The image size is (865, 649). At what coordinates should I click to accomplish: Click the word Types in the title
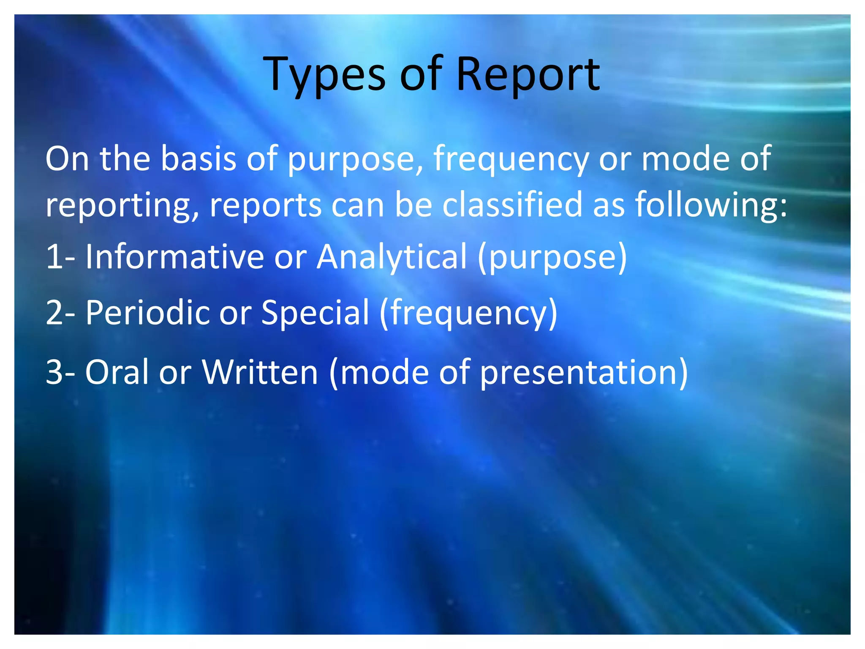tap(324, 75)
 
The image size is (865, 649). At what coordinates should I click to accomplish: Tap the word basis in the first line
tap(199, 159)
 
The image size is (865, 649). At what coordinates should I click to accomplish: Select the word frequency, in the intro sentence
tap(511, 160)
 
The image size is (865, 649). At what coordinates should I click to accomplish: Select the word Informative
tap(175, 257)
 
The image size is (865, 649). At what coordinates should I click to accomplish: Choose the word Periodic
tap(148, 313)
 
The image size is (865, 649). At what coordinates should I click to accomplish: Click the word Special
tap(315, 313)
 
